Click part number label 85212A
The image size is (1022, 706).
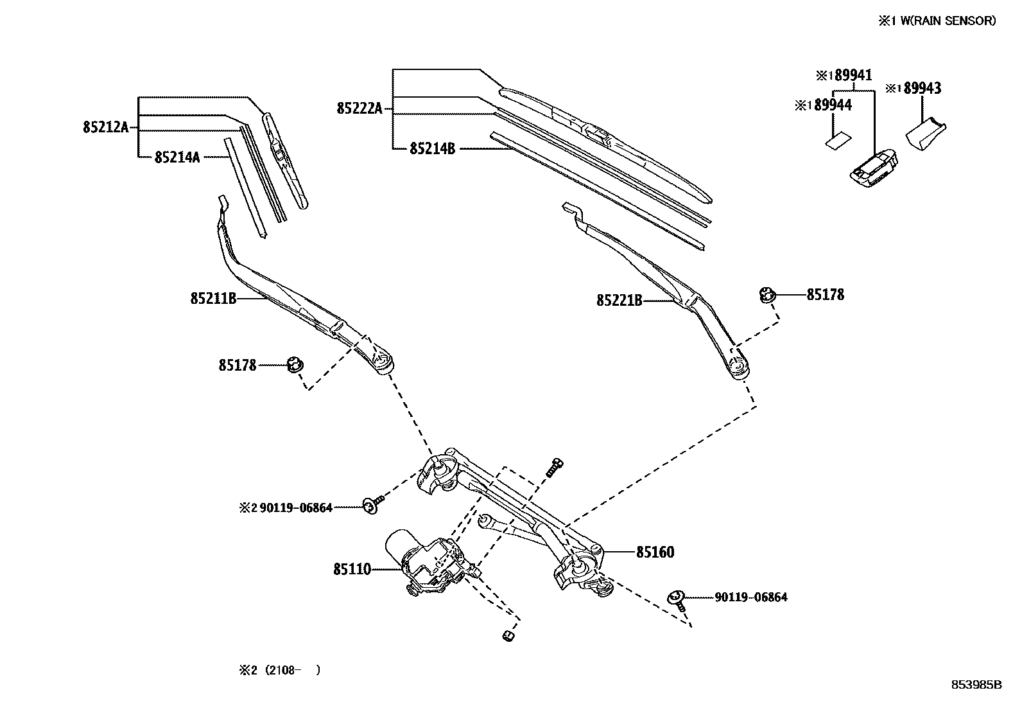tap(106, 127)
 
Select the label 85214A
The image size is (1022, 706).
tap(177, 157)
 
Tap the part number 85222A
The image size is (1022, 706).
tap(359, 109)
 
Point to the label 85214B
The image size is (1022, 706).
tap(432, 148)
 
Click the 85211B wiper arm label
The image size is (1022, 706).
tap(213, 298)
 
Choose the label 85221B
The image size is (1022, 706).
tap(619, 300)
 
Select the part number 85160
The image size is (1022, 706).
tap(655, 552)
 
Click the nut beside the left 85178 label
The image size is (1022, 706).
tap(295, 365)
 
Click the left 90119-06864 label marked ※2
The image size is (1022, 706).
tap(295, 507)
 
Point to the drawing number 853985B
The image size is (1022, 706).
tap(976, 684)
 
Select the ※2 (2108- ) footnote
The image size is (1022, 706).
tap(280, 670)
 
